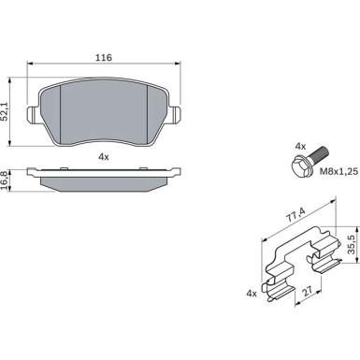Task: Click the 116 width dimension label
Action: [x=104, y=58]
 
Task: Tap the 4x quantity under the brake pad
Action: [x=104, y=157]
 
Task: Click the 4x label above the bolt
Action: [x=300, y=146]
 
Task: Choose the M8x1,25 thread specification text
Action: [x=339, y=171]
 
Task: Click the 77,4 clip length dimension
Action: [x=296, y=214]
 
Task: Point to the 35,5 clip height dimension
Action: [x=352, y=244]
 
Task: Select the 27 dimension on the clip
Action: [x=308, y=292]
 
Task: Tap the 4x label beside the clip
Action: [x=252, y=294]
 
